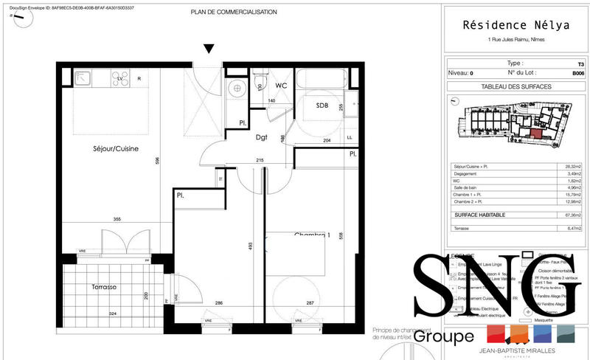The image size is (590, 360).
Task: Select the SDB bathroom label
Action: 322,105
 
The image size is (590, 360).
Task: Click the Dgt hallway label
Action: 262,137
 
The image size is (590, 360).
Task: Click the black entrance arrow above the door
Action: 209,49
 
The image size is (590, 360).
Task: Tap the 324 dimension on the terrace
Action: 113,314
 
